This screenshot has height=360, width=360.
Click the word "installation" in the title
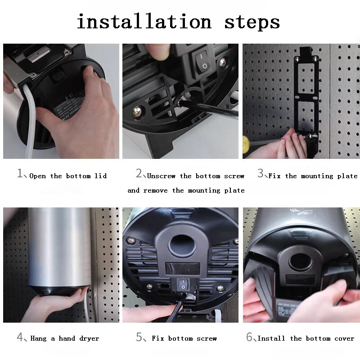tap(144, 21)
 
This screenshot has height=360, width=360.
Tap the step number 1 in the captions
tap(20, 173)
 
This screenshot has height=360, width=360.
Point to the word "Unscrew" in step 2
tap(161, 176)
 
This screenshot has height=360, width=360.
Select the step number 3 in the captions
tap(261, 173)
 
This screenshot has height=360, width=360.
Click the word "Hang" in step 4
tap(39, 338)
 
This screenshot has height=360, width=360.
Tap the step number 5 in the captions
tap(139, 337)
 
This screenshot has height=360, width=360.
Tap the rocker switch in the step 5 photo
tap(183, 284)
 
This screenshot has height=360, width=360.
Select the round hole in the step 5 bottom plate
tap(182, 246)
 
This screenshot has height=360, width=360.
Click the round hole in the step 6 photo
tap(300, 261)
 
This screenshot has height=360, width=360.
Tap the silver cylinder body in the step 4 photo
tap(60, 247)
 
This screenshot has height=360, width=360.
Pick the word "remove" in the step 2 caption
tap(155, 190)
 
